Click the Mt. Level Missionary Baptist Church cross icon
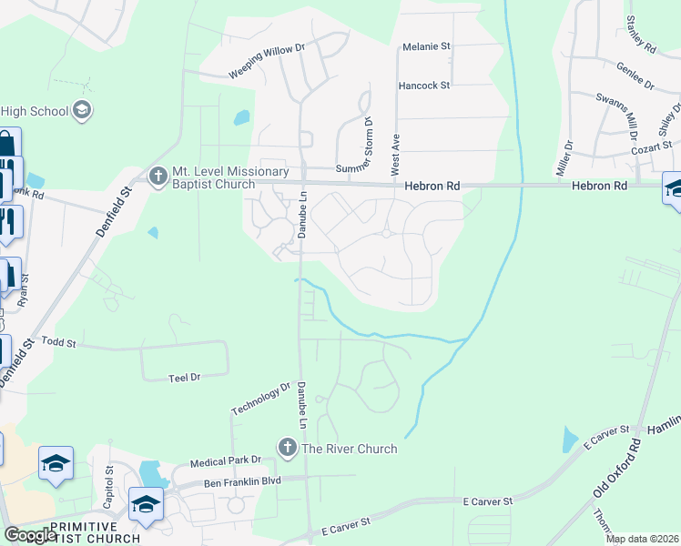158,174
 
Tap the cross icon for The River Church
288,447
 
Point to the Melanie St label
427,45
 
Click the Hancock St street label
424,86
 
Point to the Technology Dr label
260,399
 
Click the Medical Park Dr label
226,461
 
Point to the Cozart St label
652,146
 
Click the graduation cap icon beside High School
82,110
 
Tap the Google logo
30,535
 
